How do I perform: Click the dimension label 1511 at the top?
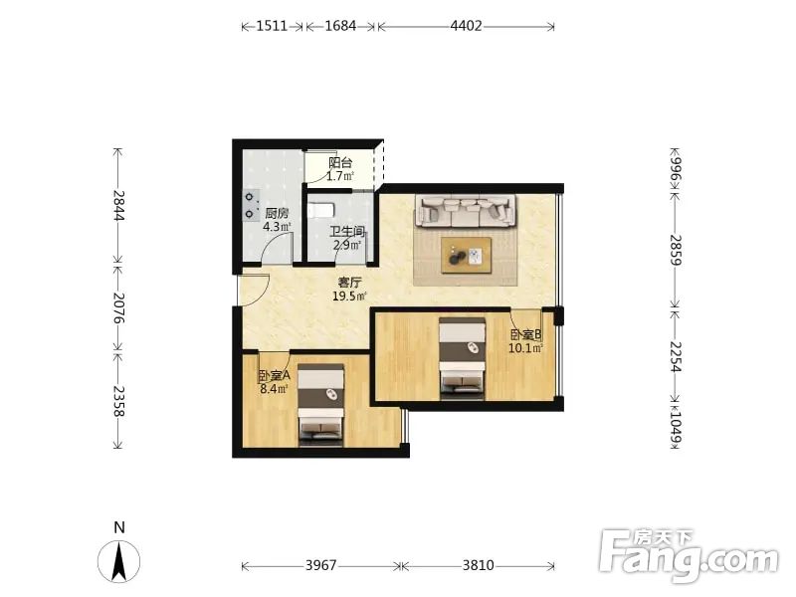[x=272, y=26]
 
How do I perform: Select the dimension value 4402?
[x=466, y=26]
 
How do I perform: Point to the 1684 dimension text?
[x=340, y=26]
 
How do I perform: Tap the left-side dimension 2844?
[x=118, y=205]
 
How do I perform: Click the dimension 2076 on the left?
[x=118, y=307]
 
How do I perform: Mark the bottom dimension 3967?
[x=320, y=565]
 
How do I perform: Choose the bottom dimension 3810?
[x=478, y=565]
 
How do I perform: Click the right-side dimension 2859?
[x=676, y=250]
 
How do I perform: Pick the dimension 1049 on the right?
[x=676, y=426]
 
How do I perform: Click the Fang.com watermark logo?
[x=689, y=556]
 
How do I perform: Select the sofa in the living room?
[x=466, y=210]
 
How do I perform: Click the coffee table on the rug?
[x=466, y=256]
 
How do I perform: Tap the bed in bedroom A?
[x=320, y=405]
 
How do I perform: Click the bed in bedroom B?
[x=462, y=358]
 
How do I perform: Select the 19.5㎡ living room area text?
[x=349, y=296]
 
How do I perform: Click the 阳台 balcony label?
[x=340, y=163]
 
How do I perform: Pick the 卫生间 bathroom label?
[x=347, y=232]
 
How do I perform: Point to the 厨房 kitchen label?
[x=277, y=214]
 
